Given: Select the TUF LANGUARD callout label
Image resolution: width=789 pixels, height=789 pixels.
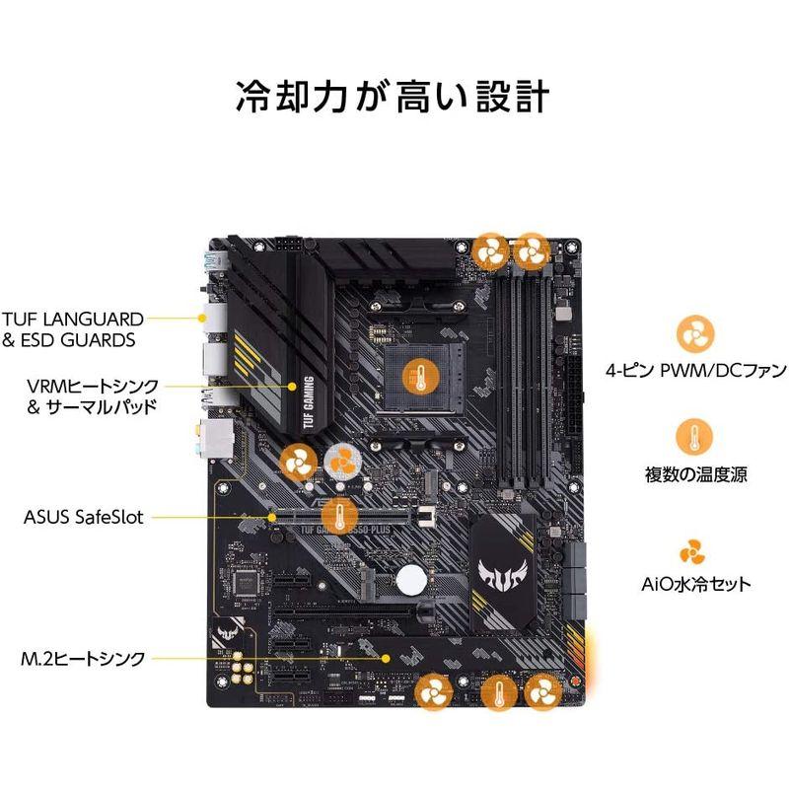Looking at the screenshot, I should [73, 320].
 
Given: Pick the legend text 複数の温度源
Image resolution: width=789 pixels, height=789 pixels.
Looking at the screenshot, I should [695, 474].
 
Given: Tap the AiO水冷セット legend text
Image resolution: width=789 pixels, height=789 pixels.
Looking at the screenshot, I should [695, 584].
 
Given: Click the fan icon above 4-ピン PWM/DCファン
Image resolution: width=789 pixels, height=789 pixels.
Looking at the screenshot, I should [694, 332].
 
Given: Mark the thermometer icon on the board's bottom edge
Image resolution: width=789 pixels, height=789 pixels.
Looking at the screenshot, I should [498, 693].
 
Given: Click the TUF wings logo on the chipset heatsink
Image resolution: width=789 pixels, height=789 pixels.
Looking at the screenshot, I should [502, 570].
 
